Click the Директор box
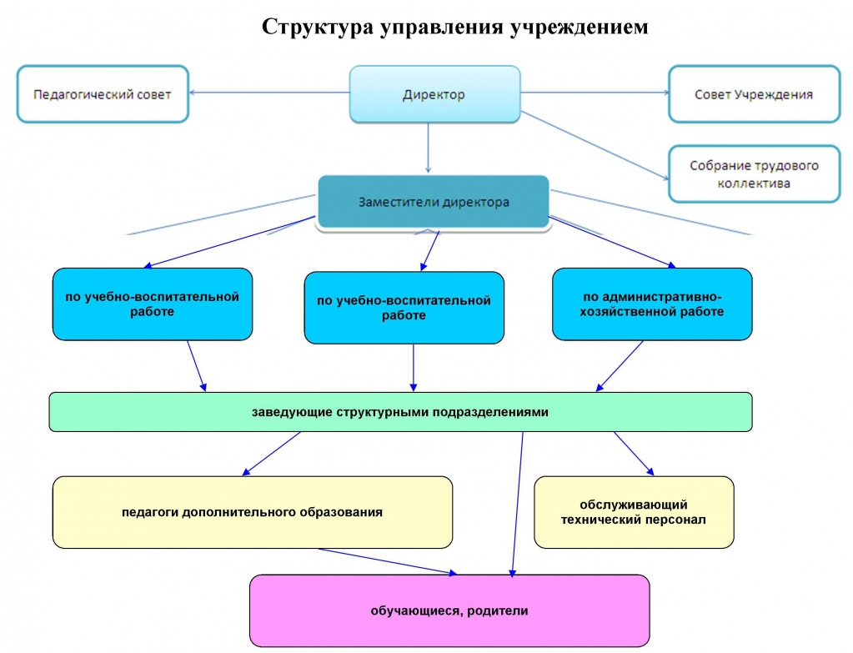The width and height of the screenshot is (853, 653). (434, 94)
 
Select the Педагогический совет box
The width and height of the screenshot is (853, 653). (103, 94)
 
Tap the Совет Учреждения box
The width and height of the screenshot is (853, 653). (754, 94)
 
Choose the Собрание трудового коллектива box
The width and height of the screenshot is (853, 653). (754, 173)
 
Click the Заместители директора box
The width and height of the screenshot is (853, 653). (434, 202)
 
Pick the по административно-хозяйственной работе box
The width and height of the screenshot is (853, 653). (652, 304)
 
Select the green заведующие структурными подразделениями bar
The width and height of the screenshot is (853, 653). (400, 412)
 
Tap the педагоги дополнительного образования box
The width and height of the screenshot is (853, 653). (253, 512)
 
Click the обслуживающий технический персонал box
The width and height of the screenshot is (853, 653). (634, 512)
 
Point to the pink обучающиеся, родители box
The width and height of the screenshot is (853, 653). (449, 610)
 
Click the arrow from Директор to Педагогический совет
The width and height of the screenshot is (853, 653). (269, 93)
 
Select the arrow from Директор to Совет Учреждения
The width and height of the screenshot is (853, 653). (595, 93)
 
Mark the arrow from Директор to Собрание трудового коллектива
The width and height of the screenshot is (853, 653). (595, 145)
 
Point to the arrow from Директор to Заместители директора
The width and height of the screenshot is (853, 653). (428, 148)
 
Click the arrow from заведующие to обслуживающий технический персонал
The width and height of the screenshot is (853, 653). (634, 454)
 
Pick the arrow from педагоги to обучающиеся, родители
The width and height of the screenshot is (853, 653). (388, 561)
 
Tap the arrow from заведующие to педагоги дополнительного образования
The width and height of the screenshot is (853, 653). (271, 454)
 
